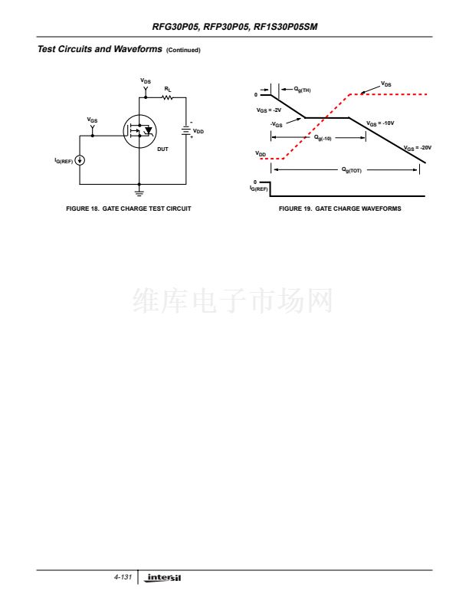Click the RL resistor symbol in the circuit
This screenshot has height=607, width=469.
[x=168, y=97]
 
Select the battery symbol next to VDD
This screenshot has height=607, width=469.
[x=185, y=132]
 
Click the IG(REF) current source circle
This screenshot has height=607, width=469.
[x=80, y=160]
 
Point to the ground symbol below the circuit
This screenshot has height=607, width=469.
[x=139, y=189]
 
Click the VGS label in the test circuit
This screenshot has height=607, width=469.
[x=93, y=120]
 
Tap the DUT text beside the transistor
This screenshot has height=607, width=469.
[x=162, y=149]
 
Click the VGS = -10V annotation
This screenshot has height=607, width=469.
[x=380, y=123]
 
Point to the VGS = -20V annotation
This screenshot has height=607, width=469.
[x=418, y=147]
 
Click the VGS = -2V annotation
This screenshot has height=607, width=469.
[x=269, y=110]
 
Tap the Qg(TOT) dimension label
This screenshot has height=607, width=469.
[x=351, y=170]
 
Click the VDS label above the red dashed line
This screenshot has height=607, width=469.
[x=386, y=84]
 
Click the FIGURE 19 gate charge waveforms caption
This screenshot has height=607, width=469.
[x=339, y=208]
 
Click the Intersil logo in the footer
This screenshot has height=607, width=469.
[x=165, y=576]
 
